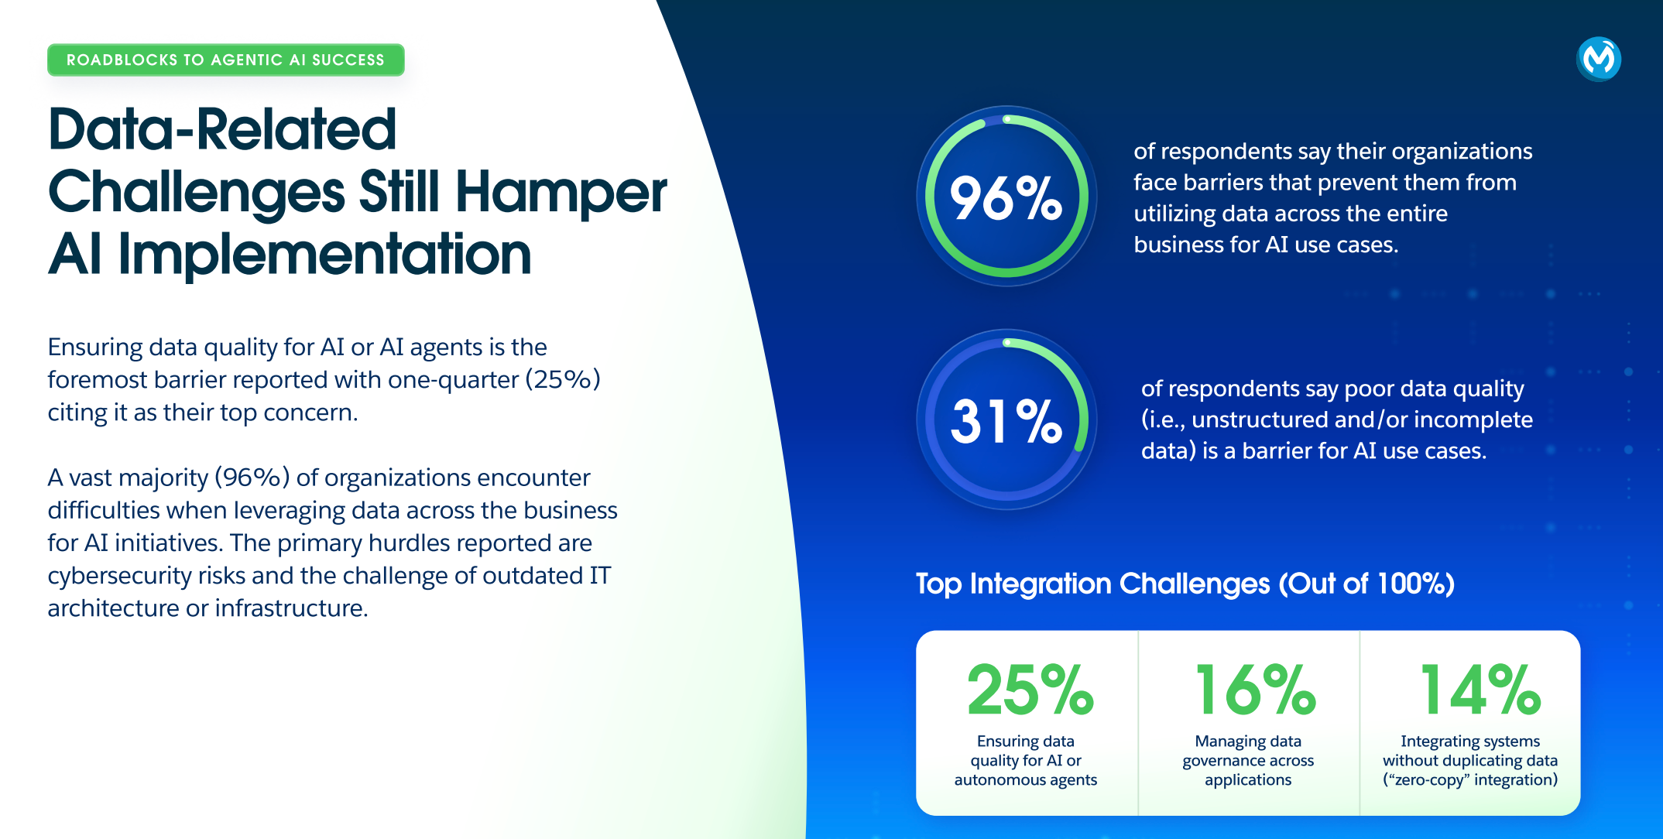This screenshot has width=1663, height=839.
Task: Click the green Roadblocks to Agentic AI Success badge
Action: click(x=226, y=60)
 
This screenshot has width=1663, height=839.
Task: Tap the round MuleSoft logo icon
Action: click(x=1599, y=59)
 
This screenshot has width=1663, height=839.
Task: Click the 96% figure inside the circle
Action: click(x=1006, y=198)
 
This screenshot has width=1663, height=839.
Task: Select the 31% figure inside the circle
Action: click(x=1006, y=421)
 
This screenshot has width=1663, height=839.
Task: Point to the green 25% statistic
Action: click(x=1030, y=689)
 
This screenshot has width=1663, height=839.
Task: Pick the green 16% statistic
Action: click(x=1254, y=689)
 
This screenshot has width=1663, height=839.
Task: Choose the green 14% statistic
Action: click(x=1480, y=689)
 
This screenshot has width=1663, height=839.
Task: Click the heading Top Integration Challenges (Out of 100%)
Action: click(x=1185, y=584)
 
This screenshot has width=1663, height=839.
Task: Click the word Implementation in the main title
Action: click(x=324, y=254)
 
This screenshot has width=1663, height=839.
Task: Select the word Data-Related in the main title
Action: click(x=222, y=128)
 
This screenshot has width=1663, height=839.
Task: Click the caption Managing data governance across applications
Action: click(x=1248, y=760)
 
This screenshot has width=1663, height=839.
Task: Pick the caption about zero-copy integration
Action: click(x=1470, y=760)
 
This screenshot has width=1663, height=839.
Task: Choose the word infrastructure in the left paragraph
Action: click(x=291, y=608)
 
